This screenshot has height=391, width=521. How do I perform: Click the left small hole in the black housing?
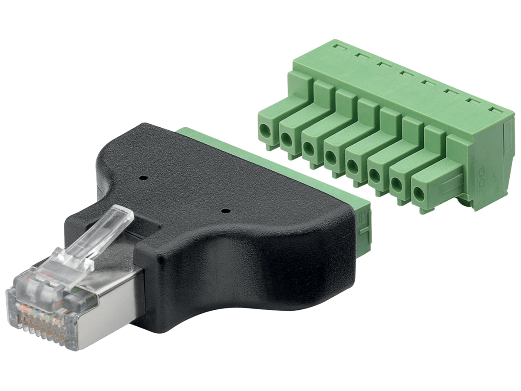[x=142, y=177]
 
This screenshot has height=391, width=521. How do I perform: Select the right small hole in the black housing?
[x=225, y=211]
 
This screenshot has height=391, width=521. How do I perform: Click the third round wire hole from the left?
[x=308, y=147]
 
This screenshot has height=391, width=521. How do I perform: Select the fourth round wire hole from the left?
[x=330, y=156]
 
